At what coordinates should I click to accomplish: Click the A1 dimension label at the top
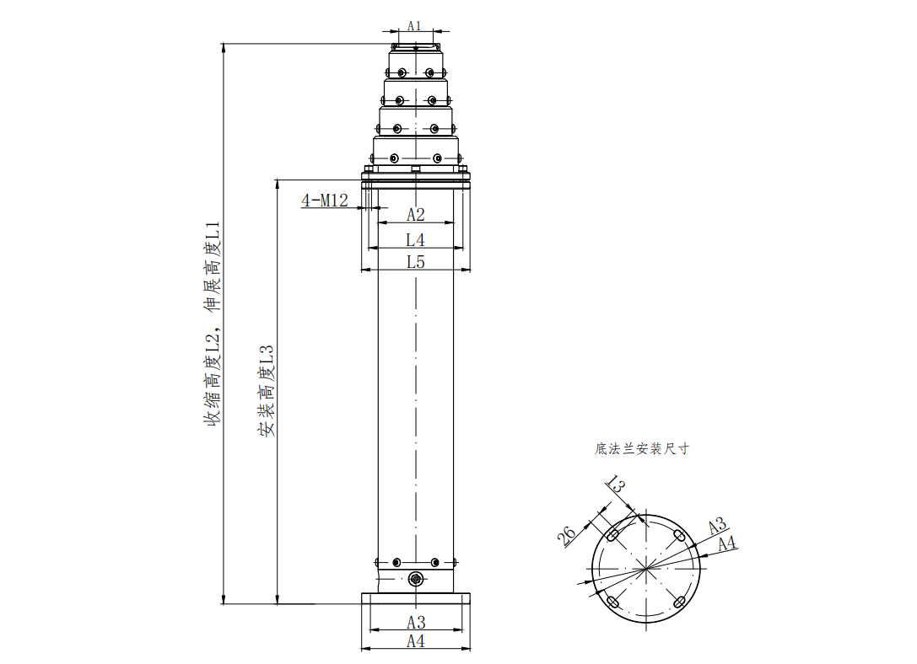(414, 25)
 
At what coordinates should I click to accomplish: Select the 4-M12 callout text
(325, 201)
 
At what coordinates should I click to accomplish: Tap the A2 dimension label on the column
(416, 215)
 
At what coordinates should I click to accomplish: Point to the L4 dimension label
(415, 240)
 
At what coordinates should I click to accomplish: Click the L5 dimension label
(416, 262)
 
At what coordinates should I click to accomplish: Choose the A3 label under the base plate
(416, 623)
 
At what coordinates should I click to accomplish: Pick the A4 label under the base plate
(416, 641)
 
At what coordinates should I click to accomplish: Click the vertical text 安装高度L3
(266, 391)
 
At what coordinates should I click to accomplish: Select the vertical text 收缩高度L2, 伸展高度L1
(212, 324)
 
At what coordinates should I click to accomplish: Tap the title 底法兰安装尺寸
(642, 448)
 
